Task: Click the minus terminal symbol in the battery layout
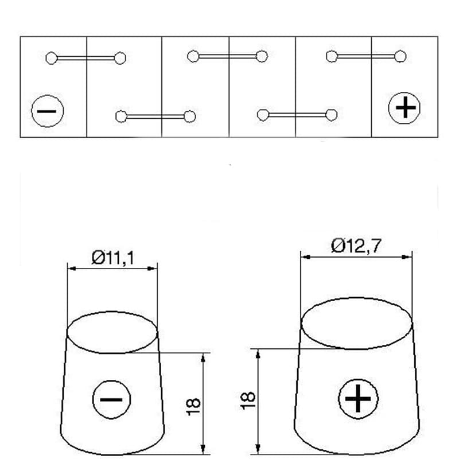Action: click(x=48, y=111)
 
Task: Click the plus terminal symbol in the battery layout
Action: click(x=404, y=108)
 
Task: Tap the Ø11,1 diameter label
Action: click(x=112, y=258)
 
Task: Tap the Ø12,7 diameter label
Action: click(x=356, y=246)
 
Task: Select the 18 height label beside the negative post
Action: click(x=193, y=407)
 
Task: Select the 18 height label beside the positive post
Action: click(x=248, y=400)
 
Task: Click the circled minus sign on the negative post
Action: click(x=111, y=399)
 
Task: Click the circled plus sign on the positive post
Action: click(x=358, y=399)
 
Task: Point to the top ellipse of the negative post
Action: click(x=112, y=312)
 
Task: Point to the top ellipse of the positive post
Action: click(x=356, y=298)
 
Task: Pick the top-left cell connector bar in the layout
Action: click(x=85, y=59)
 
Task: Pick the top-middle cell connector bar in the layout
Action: click(x=227, y=56)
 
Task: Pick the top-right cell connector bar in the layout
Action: click(x=366, y=56)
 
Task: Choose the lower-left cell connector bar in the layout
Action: click(x=155, y=116)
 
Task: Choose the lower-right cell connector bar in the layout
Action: click(x=297, y=115)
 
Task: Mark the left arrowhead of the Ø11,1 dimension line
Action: click(x=72, y=269)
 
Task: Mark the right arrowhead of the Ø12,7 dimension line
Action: click(x=407, y=257)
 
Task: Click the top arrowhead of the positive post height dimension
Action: click(x=258, y=354)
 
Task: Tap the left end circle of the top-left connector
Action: click(x=52, y=59)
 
